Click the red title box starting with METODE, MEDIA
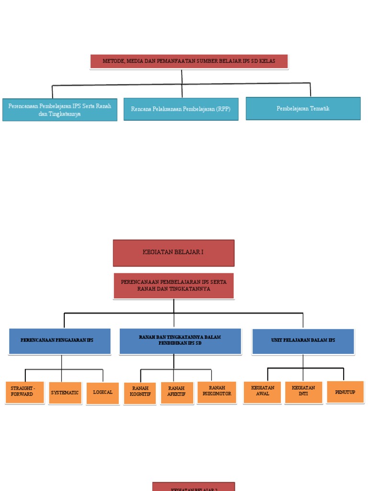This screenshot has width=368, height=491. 189,61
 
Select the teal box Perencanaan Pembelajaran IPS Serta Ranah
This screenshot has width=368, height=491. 60,110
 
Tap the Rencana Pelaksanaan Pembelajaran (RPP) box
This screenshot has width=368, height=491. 181,109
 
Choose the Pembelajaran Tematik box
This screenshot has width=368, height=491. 303,108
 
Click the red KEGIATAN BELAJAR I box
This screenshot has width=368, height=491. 173,253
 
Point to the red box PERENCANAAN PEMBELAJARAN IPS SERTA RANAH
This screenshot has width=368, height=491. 173,286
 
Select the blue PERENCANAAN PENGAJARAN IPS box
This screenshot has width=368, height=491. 59,341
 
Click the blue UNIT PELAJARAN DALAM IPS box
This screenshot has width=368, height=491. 303,341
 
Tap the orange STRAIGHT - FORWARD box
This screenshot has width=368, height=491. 24,392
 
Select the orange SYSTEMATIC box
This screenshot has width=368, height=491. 65,393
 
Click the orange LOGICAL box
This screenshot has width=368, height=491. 103,393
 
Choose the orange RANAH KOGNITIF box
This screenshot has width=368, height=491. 139,393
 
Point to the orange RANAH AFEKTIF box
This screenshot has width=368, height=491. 177,393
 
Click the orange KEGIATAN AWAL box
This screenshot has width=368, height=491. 262,392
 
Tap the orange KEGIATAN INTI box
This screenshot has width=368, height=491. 303,392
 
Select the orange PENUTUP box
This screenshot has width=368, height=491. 345,392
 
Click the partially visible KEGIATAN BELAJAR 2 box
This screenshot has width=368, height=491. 194,487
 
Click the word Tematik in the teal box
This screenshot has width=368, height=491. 319,108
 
